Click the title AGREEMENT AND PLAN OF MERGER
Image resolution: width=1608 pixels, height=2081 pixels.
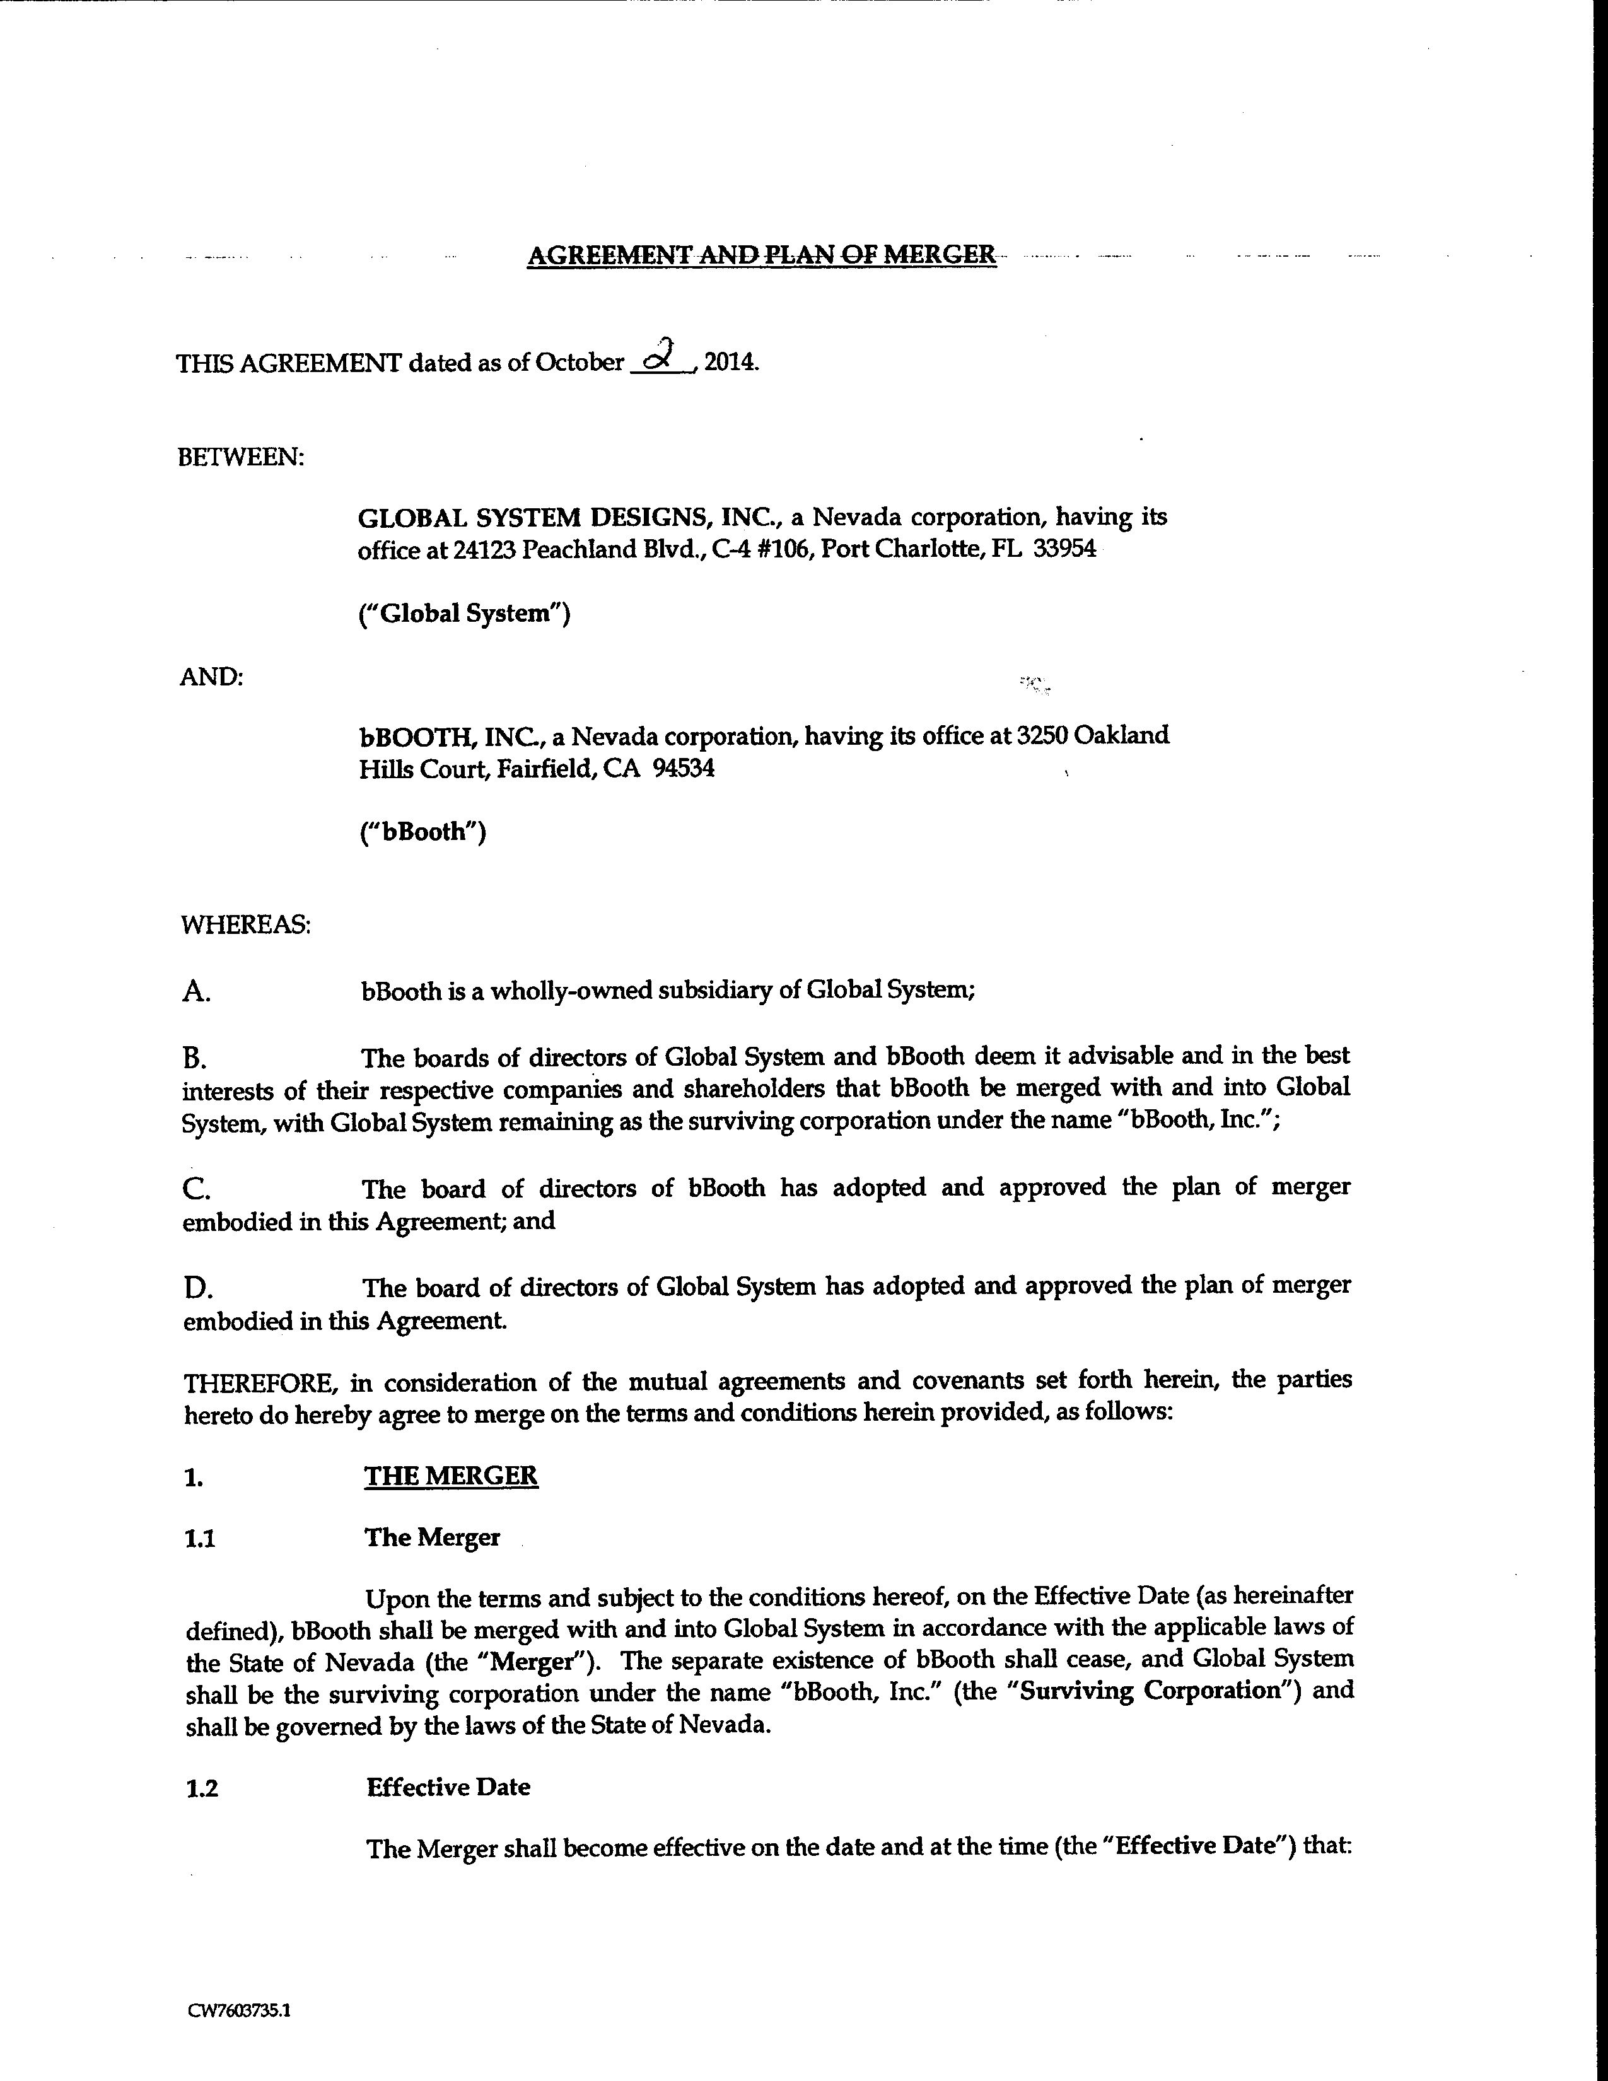pyautogui.click(x=761, y=255)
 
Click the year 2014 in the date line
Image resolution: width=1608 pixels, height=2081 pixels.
pyautogui.click(x=730, y=363)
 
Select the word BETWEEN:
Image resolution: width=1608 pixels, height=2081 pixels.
pyautogui.click(x=241, y=457)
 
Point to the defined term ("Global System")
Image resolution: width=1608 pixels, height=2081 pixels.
pyautogui.click(x=464, y=614)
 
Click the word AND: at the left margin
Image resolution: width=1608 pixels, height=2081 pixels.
pyautogui.click(x=211, y=677)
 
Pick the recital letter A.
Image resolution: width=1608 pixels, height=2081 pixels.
pyautogui.click(x=195, y=993)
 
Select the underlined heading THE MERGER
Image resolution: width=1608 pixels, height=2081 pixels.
pyautogui.click(x=451, y=1476)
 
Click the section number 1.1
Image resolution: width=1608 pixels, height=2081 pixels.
pyautogui.click(x=200, y=1539)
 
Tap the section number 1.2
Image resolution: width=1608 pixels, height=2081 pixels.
pyautogui.click(x=202, y=1788)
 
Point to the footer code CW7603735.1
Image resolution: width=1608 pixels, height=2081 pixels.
pyautogui.click(x=239, y=2012)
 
